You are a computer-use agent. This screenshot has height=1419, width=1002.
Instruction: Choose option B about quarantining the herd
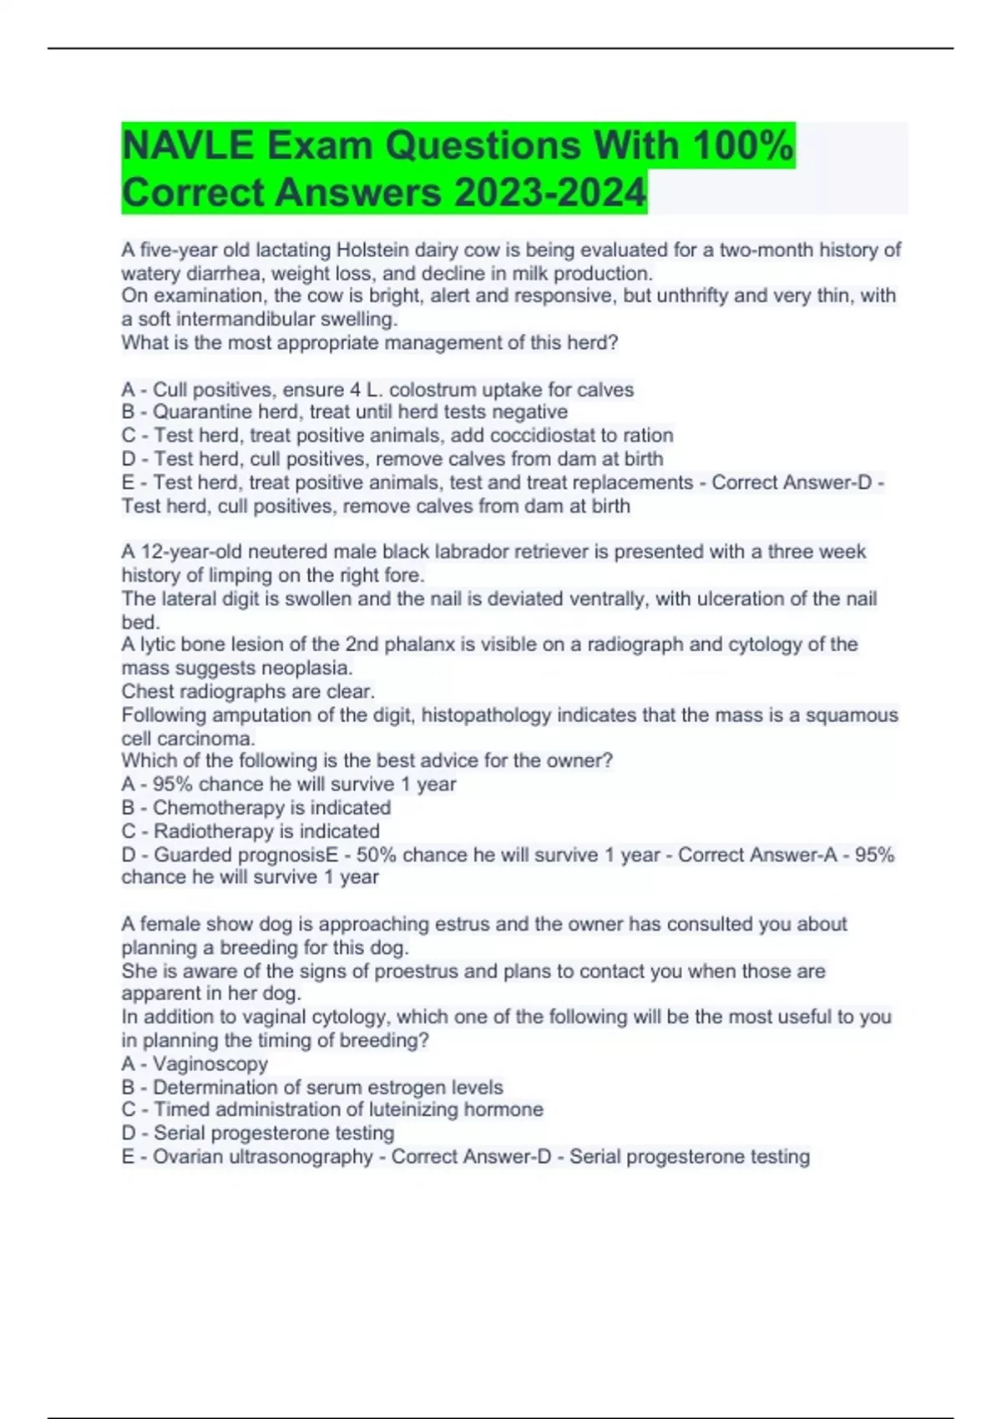click(x=344, y=412)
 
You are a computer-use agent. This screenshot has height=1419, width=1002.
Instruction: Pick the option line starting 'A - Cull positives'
click(x=377, y=389)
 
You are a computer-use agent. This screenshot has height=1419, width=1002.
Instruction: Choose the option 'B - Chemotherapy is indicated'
click(x=256, y=807)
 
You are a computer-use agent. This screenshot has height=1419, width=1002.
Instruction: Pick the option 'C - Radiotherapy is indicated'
click(x=250, y=831)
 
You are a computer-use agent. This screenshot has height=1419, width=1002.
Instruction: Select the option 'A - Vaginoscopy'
click(x=195, y=1063)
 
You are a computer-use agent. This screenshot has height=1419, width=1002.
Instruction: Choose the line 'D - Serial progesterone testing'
click(x=257, y=1133)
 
